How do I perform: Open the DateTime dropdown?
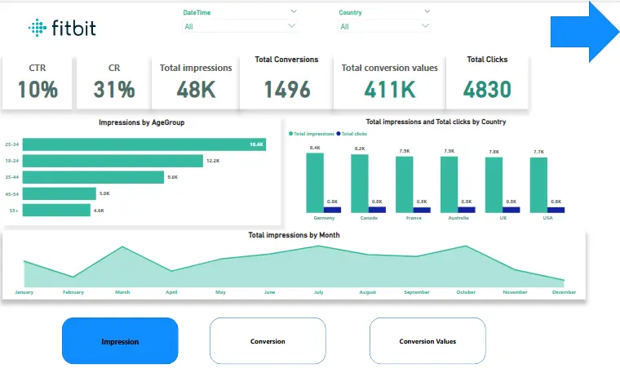pos(240,26)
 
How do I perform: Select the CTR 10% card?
pos(38,82)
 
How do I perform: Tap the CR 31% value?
pos(114,89)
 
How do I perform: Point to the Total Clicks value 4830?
pos(487,89)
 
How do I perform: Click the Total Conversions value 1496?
pos(286,89)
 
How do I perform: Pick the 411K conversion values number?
pos(389,89)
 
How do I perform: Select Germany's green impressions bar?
pos(315,182)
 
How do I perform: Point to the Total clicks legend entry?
pos(352,133)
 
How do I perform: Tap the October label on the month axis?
pos(466,291)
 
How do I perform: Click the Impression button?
pos(120,341)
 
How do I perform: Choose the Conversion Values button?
pos(427,341)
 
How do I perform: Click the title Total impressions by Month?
pos(294,235)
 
